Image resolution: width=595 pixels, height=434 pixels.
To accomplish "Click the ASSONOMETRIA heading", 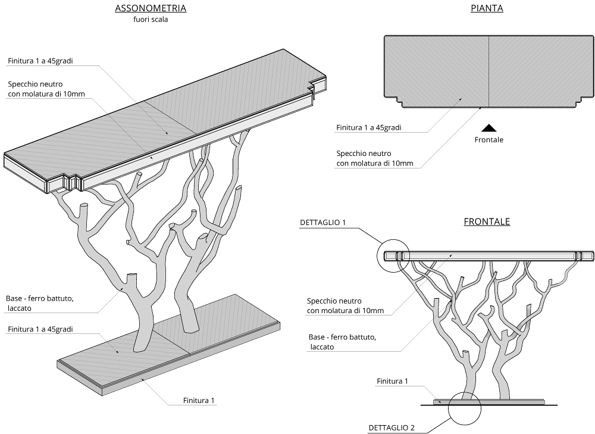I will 150,8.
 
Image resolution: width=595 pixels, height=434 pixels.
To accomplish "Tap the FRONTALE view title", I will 487,221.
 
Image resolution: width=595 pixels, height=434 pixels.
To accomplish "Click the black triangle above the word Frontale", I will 488,127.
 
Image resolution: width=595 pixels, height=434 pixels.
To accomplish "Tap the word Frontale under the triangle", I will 488,140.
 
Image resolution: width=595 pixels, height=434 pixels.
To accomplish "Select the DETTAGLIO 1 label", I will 323,223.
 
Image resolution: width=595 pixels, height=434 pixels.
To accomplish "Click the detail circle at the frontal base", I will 466,408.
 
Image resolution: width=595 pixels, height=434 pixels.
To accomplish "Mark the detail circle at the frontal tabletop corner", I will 393,256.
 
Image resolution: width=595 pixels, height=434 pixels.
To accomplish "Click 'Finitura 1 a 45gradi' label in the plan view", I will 368,127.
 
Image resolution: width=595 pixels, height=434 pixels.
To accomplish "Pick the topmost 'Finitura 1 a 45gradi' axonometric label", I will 45,61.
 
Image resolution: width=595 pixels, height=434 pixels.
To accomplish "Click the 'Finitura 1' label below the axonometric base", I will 198,401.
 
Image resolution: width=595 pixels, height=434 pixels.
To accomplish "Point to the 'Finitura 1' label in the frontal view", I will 392,381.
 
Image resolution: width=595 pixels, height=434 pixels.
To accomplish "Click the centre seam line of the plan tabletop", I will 488,70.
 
